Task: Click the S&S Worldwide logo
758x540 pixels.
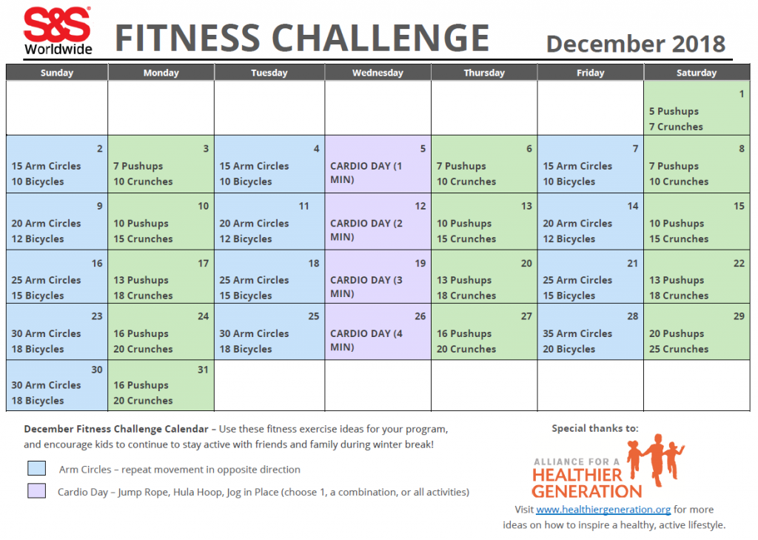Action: [x=57, y=31]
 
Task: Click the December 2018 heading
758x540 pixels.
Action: [x=635, y=44]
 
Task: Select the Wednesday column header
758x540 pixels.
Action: [x=378, y=73]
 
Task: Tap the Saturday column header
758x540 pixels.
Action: [x=696, y=73]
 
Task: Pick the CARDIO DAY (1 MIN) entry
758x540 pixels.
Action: [x=367, y=173]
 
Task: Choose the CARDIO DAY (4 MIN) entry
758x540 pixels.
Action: [x=367, y=340]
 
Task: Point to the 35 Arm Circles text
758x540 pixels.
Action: [x=577, y=333]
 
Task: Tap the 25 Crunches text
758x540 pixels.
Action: [x=679, y=349]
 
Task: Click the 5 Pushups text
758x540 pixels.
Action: [x=674, y=111]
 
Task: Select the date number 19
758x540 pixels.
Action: [x=420, y=263]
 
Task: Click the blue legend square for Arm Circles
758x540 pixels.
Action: [x=36, y=468]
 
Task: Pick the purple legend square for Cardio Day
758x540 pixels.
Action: [x=36, y=490]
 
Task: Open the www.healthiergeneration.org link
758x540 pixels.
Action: [x=603, y=510]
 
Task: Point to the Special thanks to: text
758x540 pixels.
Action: [x=594, y=428]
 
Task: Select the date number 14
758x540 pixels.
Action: [x=633, y=206]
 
